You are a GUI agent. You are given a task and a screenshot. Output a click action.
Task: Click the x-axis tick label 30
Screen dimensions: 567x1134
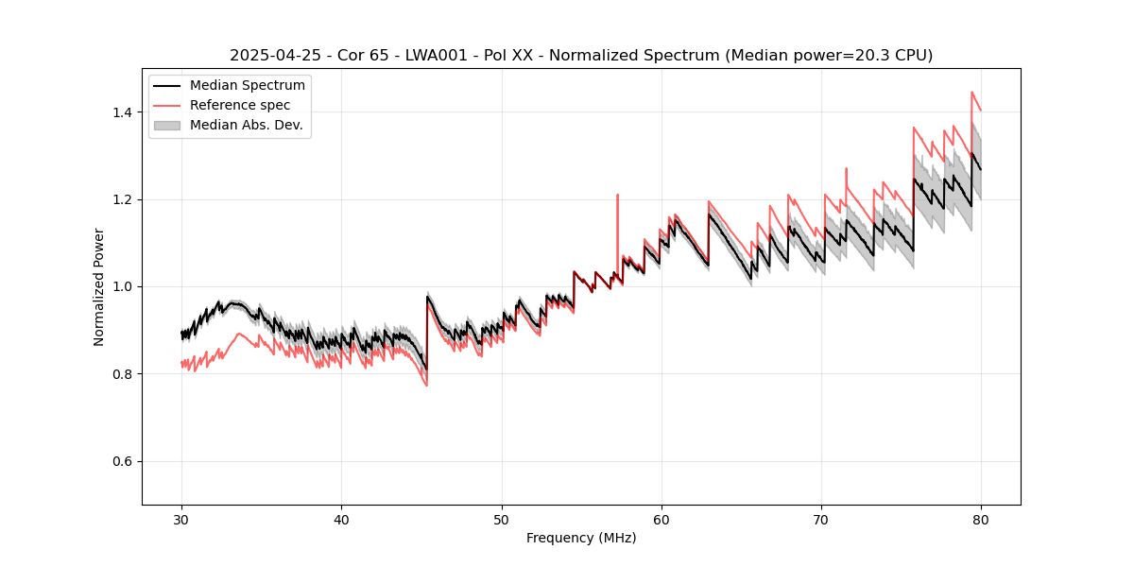pyautogui.click(x=181, y=520)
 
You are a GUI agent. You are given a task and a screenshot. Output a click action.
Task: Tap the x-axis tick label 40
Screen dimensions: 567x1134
pyautogui.click(x=341, y=520)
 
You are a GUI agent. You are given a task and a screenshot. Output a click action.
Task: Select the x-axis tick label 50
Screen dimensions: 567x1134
pyautogui.click(x=502, y=520)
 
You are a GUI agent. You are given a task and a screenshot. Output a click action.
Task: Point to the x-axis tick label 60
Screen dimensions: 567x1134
pyautogui.click(x=661, y=520)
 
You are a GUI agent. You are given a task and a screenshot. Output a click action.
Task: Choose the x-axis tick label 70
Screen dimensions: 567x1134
pyautogui.click(x=821, y=520)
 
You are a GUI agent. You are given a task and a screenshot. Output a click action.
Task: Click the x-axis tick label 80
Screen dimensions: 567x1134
pyautogui.click(x=981, y=520)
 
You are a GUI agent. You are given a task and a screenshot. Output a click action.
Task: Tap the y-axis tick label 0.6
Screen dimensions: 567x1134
pyautogui.click(x=121, y=461)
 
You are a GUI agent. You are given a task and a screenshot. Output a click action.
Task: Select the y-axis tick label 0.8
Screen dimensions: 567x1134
pyautogui.click(x=121, y=374)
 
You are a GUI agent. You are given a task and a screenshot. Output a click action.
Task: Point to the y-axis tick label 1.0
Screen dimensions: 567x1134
pyautogui.click(x=121, y=286)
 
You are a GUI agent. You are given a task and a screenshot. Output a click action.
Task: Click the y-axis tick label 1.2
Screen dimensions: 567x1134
pyautogui.click(x=121, y=199)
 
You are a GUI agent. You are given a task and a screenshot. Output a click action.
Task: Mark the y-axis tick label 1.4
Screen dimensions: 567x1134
pyautogui.click(x=121, y=112)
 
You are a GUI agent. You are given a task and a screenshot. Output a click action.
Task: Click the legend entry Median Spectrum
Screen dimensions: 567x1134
pyautogui.click(x=247, y=86)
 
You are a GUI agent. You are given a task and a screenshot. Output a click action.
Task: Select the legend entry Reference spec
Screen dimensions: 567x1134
pyautogui.click(x=240, y=105)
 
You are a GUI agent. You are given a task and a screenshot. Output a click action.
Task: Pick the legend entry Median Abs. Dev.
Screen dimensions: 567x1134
pyautogui.click(x=246, y=125)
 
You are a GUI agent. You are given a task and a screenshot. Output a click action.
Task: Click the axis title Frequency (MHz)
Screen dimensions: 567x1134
pyautogui.click(x=581, y=538)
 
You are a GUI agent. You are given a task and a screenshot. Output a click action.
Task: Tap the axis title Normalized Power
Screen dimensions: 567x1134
pyautogui.click(x=99, y=286)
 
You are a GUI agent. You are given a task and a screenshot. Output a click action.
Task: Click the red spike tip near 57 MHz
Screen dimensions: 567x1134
pyautogui.click(x=617, y=195)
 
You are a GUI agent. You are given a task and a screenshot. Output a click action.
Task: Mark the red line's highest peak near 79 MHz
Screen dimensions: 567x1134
pyautogui.click(x=971, y=92)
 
